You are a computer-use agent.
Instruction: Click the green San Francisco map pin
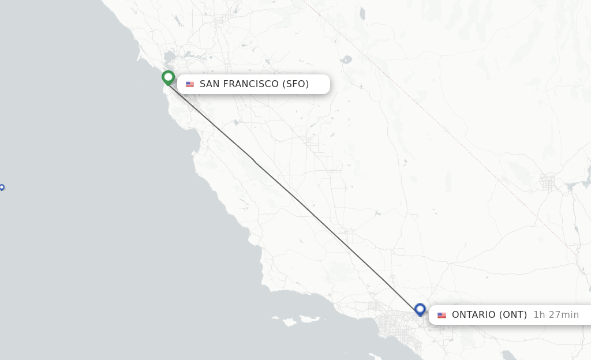coord(168,77)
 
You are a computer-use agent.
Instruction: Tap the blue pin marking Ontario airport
coord(420,309)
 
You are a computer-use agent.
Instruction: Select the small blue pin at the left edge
coord(2,187)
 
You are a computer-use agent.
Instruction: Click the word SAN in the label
coord(210,84)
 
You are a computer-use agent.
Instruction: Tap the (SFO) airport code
coord(295,84)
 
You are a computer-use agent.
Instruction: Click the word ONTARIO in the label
coord(473,315)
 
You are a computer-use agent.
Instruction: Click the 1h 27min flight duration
coord(556,315)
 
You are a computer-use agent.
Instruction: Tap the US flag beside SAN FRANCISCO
coord(190,84)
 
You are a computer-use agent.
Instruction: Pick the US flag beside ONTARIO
coord(442,315)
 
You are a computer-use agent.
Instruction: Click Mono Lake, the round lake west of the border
coord(346,59)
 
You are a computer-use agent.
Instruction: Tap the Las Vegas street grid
coord(547,182)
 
